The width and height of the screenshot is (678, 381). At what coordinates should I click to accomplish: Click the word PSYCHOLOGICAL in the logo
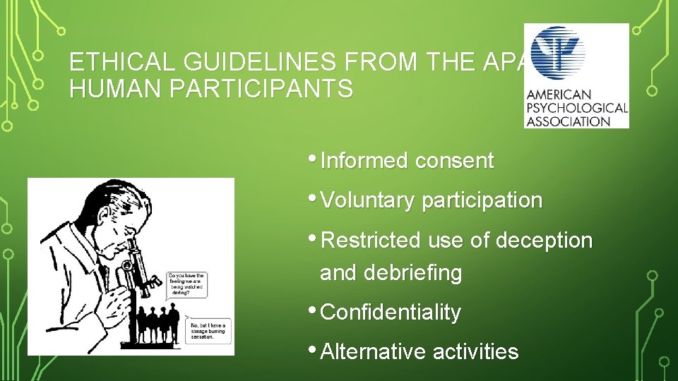pos(576,108)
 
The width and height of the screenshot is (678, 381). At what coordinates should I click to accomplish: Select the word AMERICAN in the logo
pos(558,95)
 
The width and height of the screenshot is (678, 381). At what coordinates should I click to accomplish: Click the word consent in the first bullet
pos(454,161)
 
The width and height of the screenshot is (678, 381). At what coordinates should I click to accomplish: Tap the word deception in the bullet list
pos(545,240)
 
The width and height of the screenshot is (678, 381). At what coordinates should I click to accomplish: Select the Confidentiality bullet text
pos(391,312)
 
